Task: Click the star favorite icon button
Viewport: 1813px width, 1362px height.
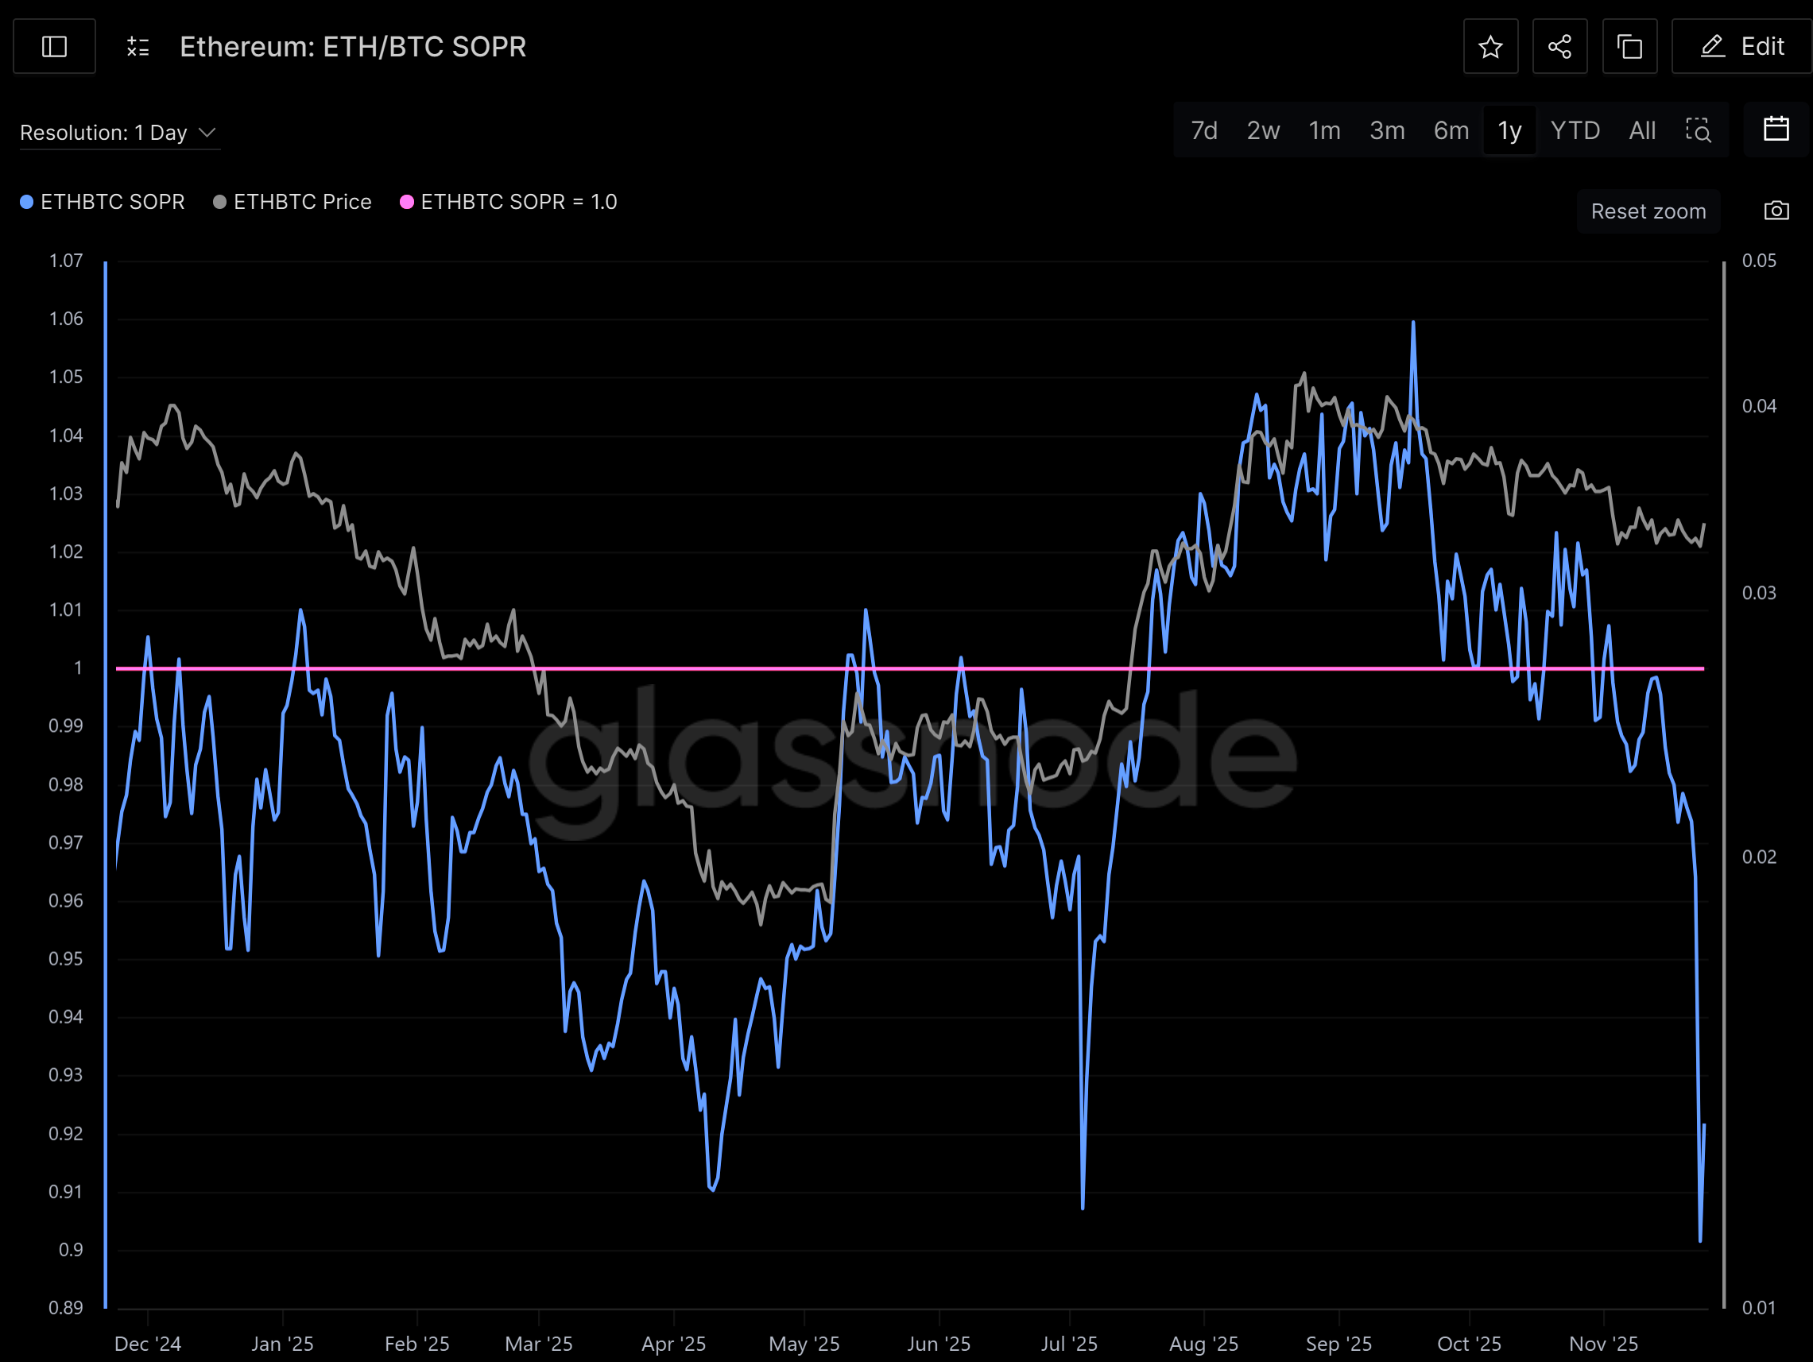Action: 1490,47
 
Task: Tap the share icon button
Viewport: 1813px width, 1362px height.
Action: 1559,47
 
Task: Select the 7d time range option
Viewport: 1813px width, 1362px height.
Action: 1203,130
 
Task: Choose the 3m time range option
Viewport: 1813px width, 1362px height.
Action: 1387,130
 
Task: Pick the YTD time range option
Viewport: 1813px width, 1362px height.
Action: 1575,130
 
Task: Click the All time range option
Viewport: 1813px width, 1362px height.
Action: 1641,130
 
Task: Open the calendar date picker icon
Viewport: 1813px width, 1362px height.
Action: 1776,130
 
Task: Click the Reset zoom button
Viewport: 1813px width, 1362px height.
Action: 1648,211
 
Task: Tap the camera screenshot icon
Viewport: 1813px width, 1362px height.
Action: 1776,211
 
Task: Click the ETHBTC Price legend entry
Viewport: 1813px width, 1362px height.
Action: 292,202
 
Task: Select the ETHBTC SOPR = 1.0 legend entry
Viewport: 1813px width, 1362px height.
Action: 509,202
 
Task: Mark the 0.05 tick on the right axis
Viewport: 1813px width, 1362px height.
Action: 1759,261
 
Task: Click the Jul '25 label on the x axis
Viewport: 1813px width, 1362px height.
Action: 1069,1344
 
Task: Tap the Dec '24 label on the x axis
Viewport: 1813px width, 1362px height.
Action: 148,1344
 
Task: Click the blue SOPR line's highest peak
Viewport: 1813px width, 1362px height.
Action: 1413,323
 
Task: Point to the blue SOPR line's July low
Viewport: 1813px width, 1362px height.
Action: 1083,1206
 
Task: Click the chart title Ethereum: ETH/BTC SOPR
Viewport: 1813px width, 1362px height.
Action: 352,47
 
